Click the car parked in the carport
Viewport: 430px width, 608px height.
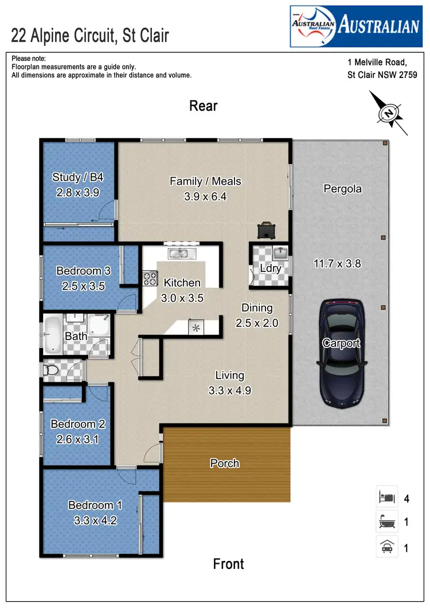(x=342, y=350)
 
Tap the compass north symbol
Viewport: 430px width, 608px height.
(x=389, y=113)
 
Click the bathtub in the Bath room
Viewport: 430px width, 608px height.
(x=53, y=334)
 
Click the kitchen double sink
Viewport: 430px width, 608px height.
(x=182, y=254)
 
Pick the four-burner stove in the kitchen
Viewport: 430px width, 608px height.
(x=150, y=278)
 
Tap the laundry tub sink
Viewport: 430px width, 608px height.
(x=279, y=253)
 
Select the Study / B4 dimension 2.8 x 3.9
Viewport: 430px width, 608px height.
(x=78, y=193)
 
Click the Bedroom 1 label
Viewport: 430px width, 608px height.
(x=95, y=505)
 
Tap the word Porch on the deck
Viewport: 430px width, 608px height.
(x=225, y=463)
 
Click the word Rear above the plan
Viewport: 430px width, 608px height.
(x=204, y=106)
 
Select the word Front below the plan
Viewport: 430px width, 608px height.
(x=228, y=564)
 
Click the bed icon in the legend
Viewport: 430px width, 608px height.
(x=385, y=497)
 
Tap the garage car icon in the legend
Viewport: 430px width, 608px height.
(x=385, y=547)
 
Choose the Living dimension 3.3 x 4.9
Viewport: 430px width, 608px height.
(x=229, y=391)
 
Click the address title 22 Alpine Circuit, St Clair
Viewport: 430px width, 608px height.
(x=91, y=36)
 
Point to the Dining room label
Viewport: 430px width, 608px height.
(x=257, y=308)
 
